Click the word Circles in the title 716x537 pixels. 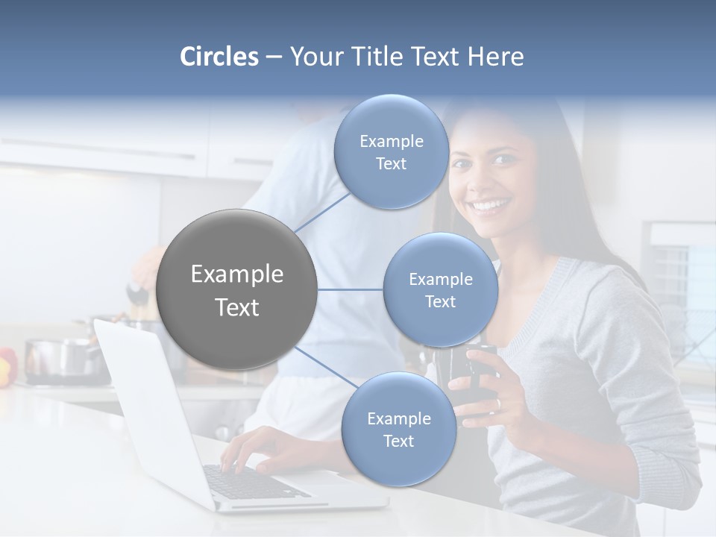point(219,57)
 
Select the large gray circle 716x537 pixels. point(237,289)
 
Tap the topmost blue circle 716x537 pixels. point(391,152)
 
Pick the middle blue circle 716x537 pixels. point(440,289)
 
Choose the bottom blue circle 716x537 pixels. point(398,430)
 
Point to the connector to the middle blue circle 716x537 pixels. point(350,289)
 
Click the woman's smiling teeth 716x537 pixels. point(489,204)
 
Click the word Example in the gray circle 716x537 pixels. point(237,274)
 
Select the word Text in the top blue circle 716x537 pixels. point(391,164)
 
